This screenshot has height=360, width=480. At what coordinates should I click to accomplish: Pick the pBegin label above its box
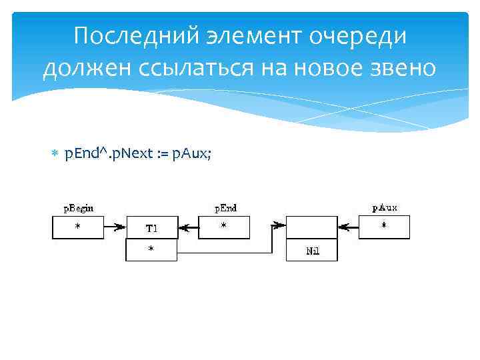[x=79, y=208]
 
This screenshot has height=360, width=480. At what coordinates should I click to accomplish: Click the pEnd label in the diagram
[x=225, y=208]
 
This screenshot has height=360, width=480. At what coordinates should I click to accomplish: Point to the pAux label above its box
[x=385, y=208]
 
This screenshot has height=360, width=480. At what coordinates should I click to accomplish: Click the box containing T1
[x=151, y=227]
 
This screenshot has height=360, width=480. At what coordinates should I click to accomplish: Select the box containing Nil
[x=312, y=251]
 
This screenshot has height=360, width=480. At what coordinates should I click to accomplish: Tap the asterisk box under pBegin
[x=77, y=227]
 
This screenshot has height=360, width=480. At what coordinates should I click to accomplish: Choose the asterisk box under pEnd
[x=223, y=227]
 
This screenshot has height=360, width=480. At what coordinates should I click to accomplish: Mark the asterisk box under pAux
[x=384, y=227]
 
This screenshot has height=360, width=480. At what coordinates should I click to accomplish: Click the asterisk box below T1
[x=151, y=250]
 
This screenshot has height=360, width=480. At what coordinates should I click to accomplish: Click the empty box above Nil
[x=312, y=227]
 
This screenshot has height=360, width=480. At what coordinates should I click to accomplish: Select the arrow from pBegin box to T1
[x=115, y=227]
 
